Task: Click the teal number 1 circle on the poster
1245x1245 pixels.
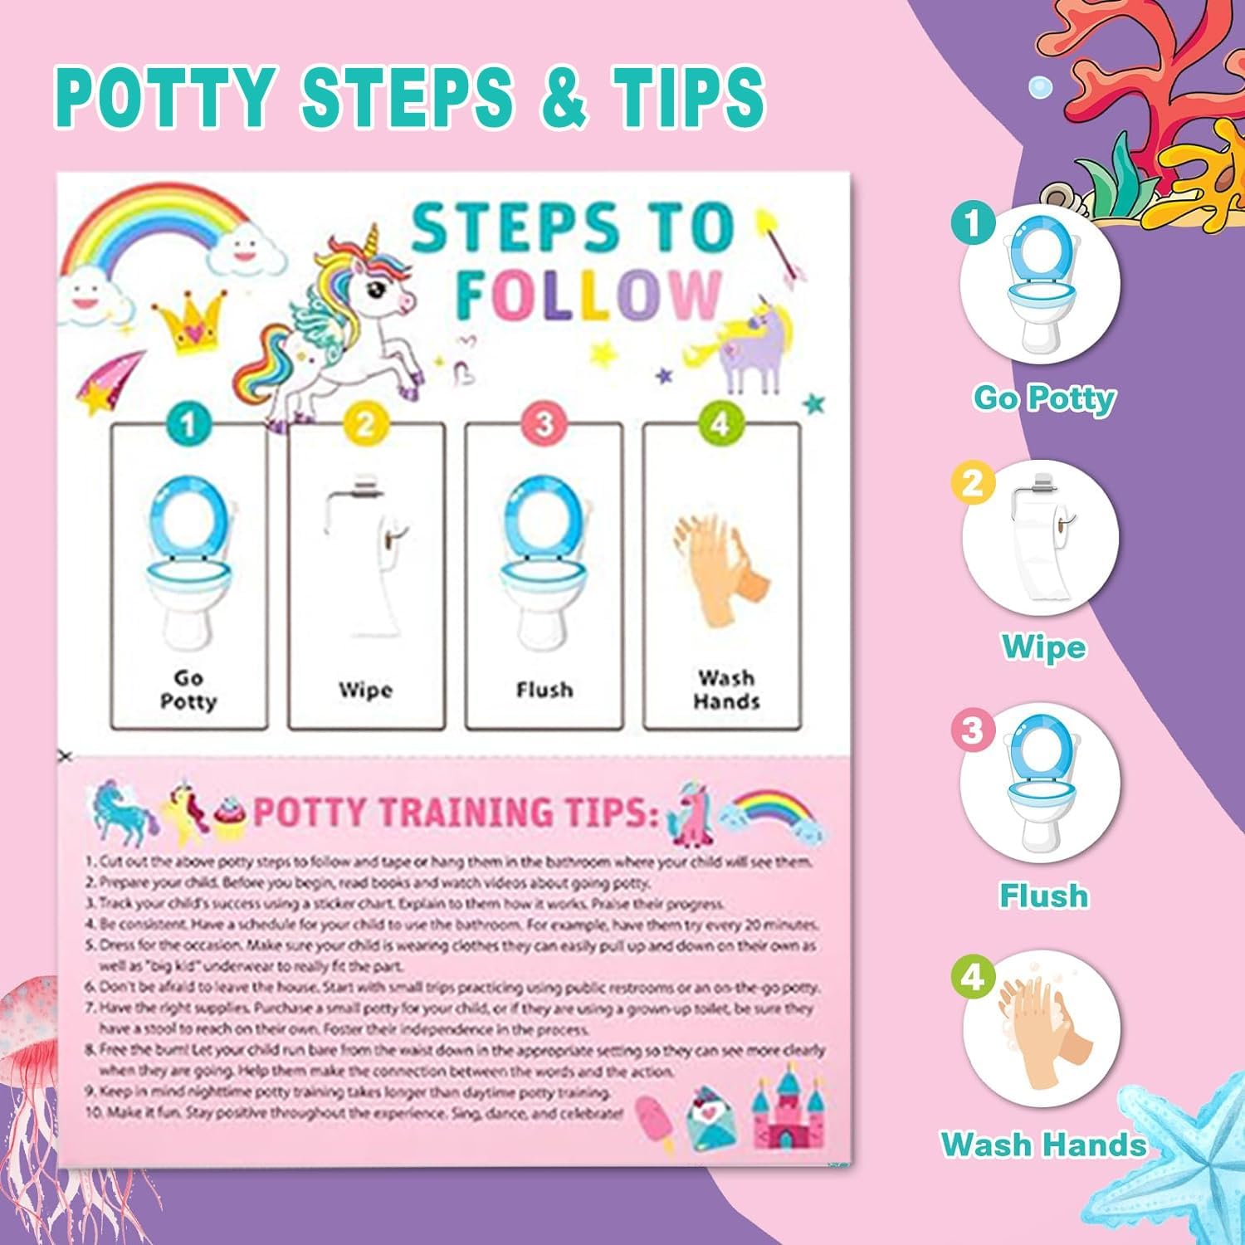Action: tap(188, 425)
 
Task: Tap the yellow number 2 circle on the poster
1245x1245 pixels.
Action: tap(365, 425)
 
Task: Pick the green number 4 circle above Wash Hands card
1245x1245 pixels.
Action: tap(720, 425)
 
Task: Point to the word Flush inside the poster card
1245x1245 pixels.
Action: tap(544, 690)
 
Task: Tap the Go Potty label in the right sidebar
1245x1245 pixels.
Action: tap(1044, 398)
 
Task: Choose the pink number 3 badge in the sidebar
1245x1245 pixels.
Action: tap(972, 730)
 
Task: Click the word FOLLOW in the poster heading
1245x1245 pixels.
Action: tap(588, 295)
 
